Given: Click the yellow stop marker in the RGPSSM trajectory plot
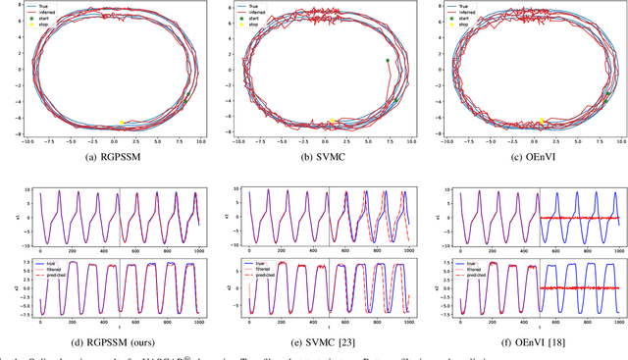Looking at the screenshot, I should click(x=122, y=123).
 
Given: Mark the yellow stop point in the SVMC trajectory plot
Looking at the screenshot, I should click(x=332, y=122).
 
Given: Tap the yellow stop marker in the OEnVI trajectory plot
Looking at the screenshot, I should click(x=541, y=121).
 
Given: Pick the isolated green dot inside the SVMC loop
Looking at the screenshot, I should click(x=387, y=60).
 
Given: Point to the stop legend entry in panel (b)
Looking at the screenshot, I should click(x=258, y=26).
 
